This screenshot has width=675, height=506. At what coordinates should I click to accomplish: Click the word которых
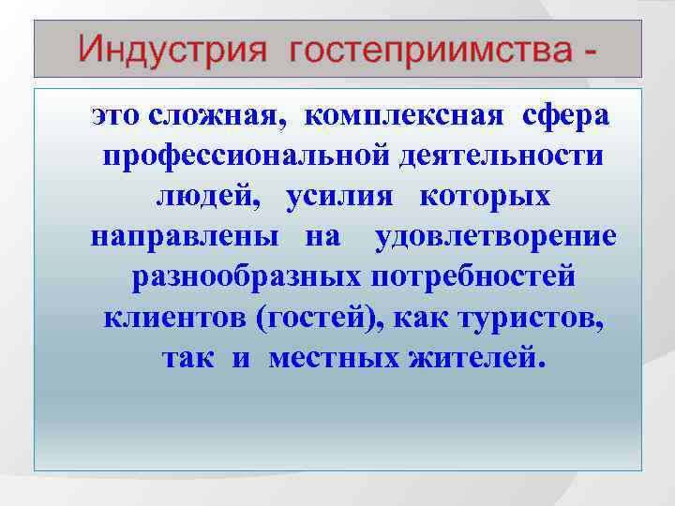485,198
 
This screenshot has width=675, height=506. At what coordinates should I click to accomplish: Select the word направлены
184,238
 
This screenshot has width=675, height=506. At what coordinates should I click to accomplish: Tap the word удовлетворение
496,238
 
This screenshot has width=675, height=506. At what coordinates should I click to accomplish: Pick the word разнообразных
246,278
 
